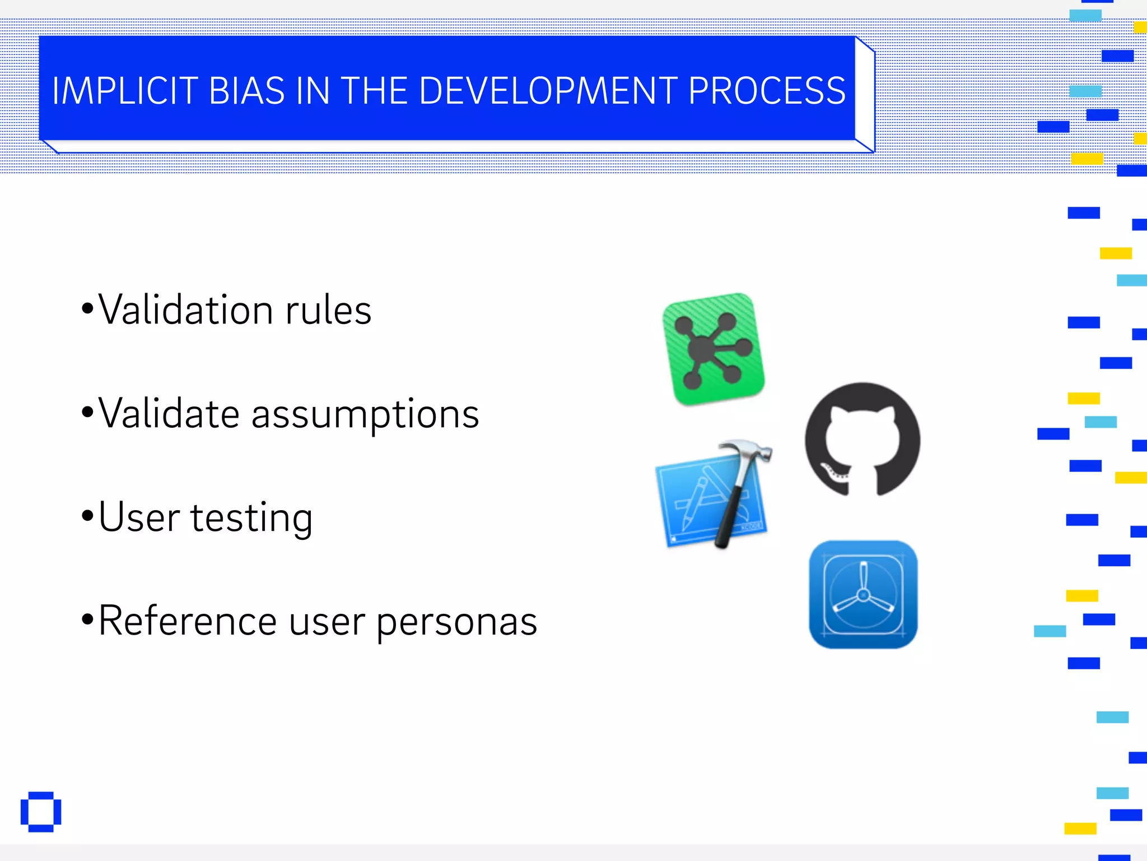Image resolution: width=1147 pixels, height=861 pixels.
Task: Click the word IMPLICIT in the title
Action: pos(125,91)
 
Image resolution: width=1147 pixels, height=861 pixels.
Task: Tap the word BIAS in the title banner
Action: pos(246,91)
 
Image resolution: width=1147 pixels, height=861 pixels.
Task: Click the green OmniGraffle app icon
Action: pos(714,349)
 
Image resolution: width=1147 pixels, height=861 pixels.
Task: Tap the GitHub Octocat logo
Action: pos(862,439)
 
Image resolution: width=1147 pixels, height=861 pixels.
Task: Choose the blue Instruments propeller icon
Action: pos(863,595)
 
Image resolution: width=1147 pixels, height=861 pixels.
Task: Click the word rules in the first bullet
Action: pos(328,310)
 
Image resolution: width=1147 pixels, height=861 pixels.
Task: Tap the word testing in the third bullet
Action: pos(251,518)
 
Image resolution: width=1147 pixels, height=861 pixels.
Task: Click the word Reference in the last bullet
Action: pos(188,621)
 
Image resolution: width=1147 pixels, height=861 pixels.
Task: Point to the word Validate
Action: pos(170,414)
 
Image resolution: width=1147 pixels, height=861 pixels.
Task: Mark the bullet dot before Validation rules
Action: pos(87,308)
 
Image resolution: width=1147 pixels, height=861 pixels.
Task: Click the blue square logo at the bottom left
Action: pos(41,812)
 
